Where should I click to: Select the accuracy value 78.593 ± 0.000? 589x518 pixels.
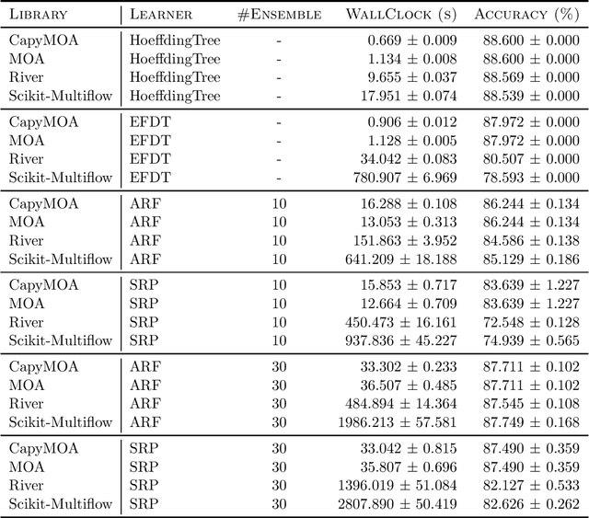(526, 177)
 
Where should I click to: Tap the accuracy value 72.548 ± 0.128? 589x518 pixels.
(526, 322)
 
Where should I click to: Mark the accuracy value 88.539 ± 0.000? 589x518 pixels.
(526, 95)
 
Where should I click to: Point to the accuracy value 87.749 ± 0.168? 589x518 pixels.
(526, 422)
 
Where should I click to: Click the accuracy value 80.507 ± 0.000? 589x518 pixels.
(526, 158)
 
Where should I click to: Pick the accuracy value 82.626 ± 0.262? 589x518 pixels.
(526, 503)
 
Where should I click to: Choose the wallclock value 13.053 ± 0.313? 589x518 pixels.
(403, 222)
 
